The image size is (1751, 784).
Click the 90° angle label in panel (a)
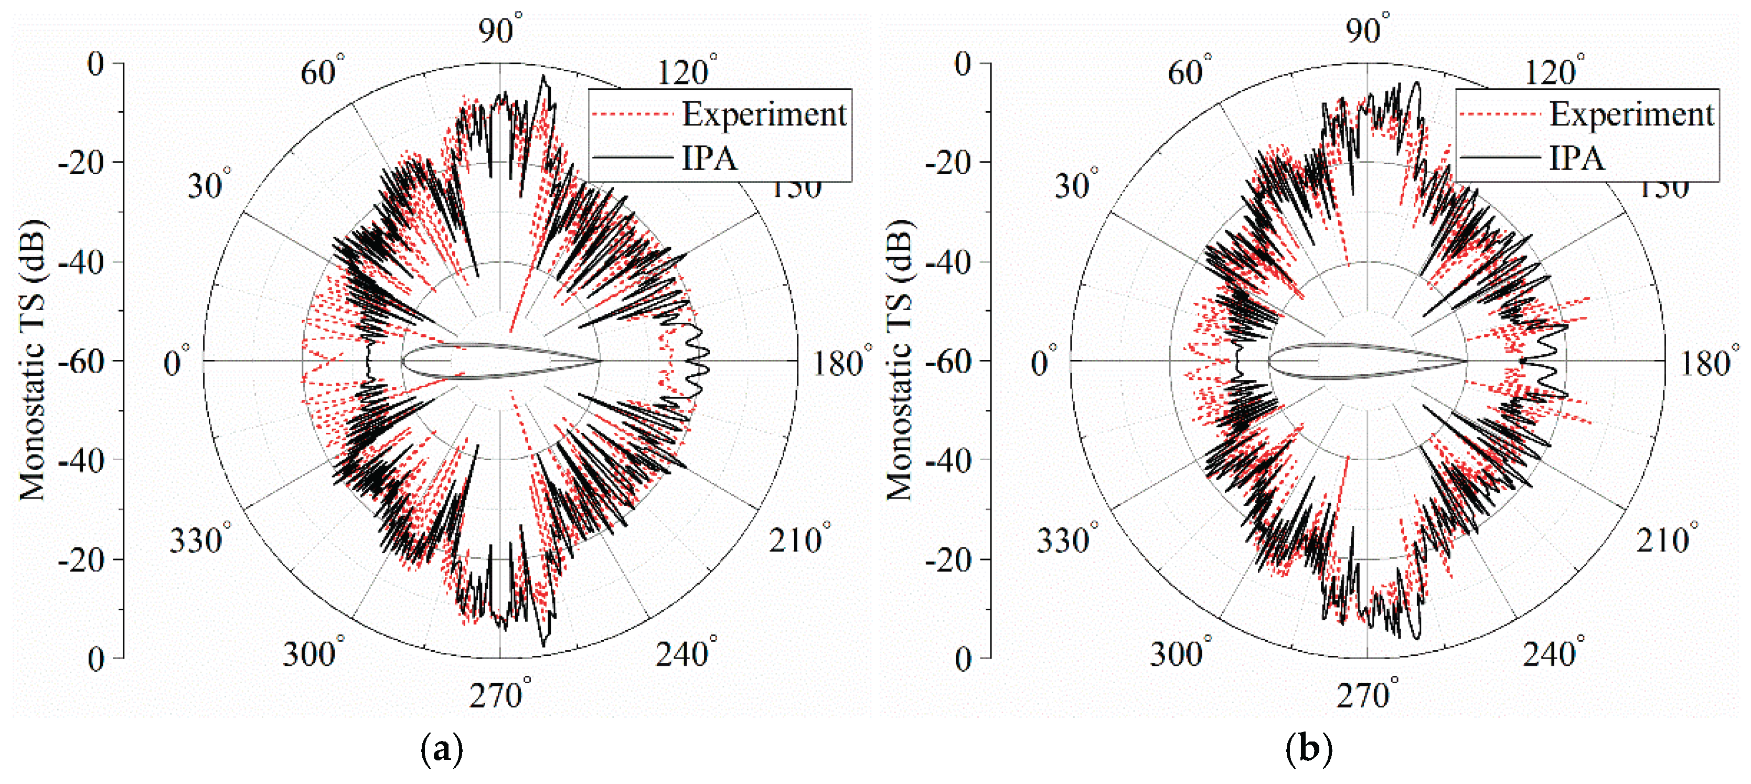click(499, 30)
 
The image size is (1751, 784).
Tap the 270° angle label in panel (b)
click(1367, 695)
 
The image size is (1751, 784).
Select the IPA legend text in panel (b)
click(1576, 158)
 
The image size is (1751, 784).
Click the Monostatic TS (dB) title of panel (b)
click(899, 361)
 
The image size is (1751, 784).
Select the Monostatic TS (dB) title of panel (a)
click(31, 361)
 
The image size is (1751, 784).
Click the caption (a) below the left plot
click(442, 749)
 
